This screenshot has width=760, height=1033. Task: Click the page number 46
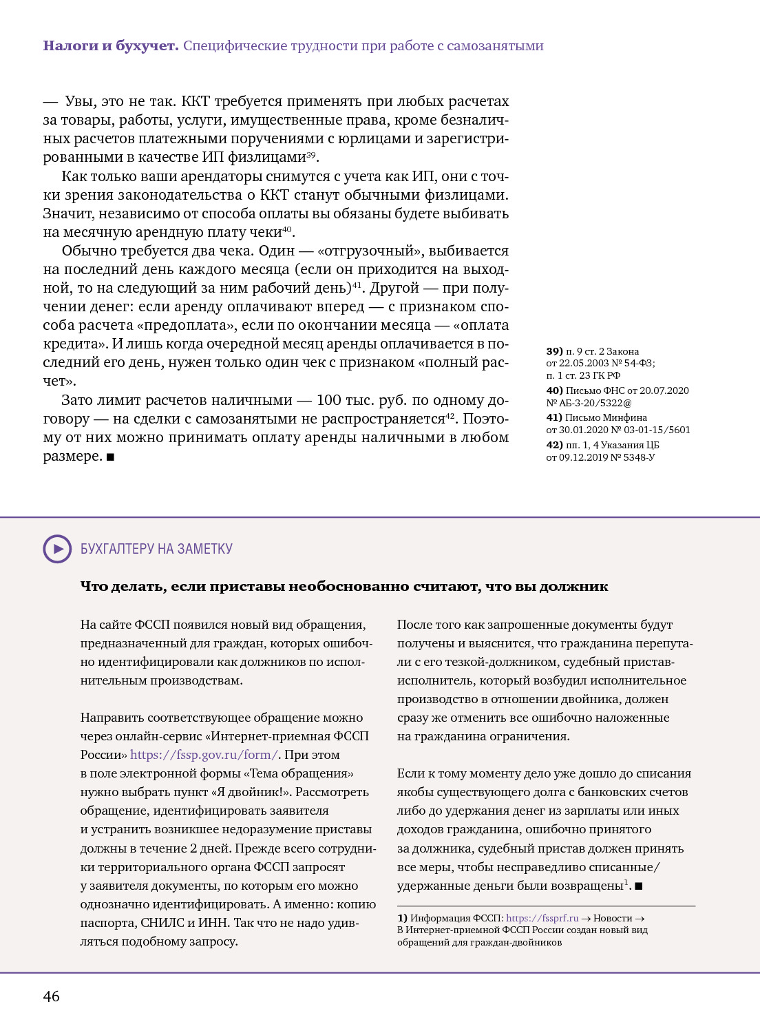pyautogui.click(x=52, y=996)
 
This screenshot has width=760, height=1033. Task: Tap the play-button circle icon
pyautogui.click(x=57, y=549)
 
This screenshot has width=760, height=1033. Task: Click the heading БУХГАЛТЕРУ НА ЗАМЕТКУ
pyautogui.click(x=156, y=549)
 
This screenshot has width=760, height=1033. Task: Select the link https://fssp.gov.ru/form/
pyautogui.click(x=204, y=755)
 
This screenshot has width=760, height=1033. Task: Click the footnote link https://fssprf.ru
pyautogui.click(x=542, y=918)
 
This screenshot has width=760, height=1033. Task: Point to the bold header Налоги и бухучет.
pyautogui.click(x=111, y=46)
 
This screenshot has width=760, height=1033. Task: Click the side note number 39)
pyautogui.click(x=554, y=351)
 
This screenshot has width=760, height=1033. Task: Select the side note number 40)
pyautogui.click(x=554, y=390)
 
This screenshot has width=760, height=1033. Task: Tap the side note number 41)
pyautogui.click(x=554, y=417)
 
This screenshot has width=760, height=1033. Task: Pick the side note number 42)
pyautogui.click(x=554, y=445)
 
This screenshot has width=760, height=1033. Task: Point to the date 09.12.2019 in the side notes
pyautogui.click(x=583, y=457)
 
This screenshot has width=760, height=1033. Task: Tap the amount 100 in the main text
pyautogui.click(x=329, y=400)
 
